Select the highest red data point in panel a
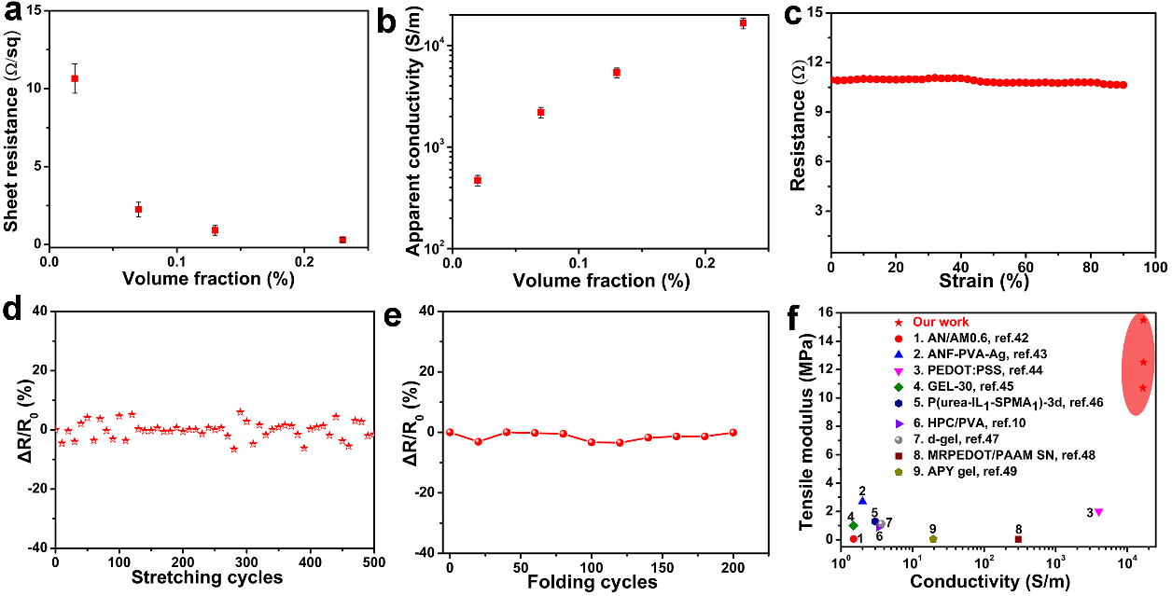(x=75, y=78)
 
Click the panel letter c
(x=793, y=17)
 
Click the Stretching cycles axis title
(x=214, y=578)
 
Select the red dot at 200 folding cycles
(x=733, y=432)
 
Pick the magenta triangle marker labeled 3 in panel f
(x=1099, y=512)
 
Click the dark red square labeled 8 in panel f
(x=1018, y=539)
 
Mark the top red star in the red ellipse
(x=1143, y=320)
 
